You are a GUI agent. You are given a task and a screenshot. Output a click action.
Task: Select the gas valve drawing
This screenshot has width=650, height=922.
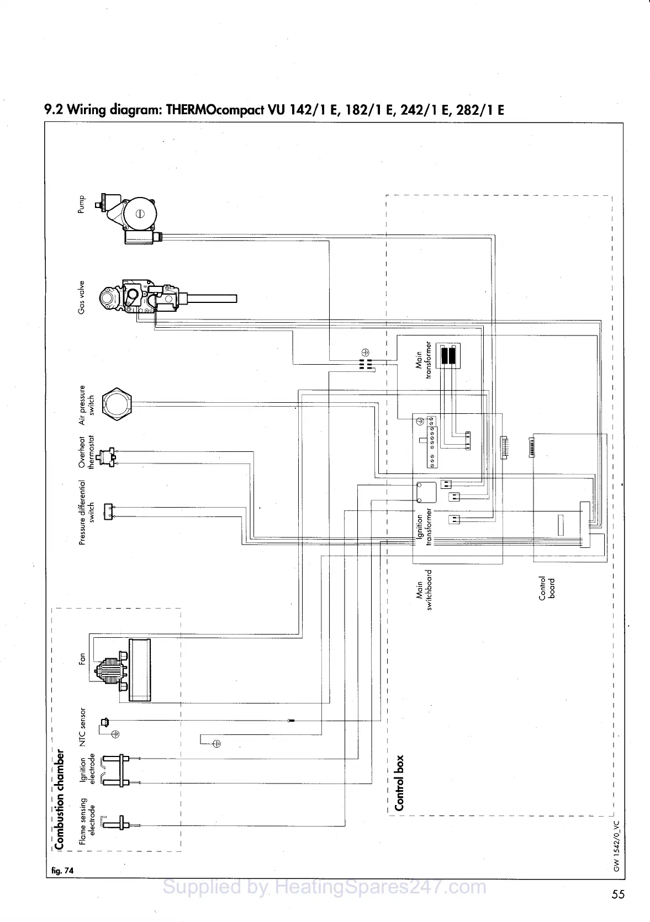point(144,299)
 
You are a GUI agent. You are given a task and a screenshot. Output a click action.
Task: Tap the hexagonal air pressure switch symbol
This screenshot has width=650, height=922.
point(118,402)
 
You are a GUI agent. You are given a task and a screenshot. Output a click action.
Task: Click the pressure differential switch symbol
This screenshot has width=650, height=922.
point(109,511)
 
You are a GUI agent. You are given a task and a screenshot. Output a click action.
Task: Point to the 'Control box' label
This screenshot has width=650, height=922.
point(400,783)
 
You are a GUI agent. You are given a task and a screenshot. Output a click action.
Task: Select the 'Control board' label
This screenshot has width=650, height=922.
point(547,588)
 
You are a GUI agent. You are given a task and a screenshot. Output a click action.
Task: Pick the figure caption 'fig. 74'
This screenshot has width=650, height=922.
point(61,870)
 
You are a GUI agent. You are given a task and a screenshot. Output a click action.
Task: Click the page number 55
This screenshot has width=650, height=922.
point(617,894)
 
